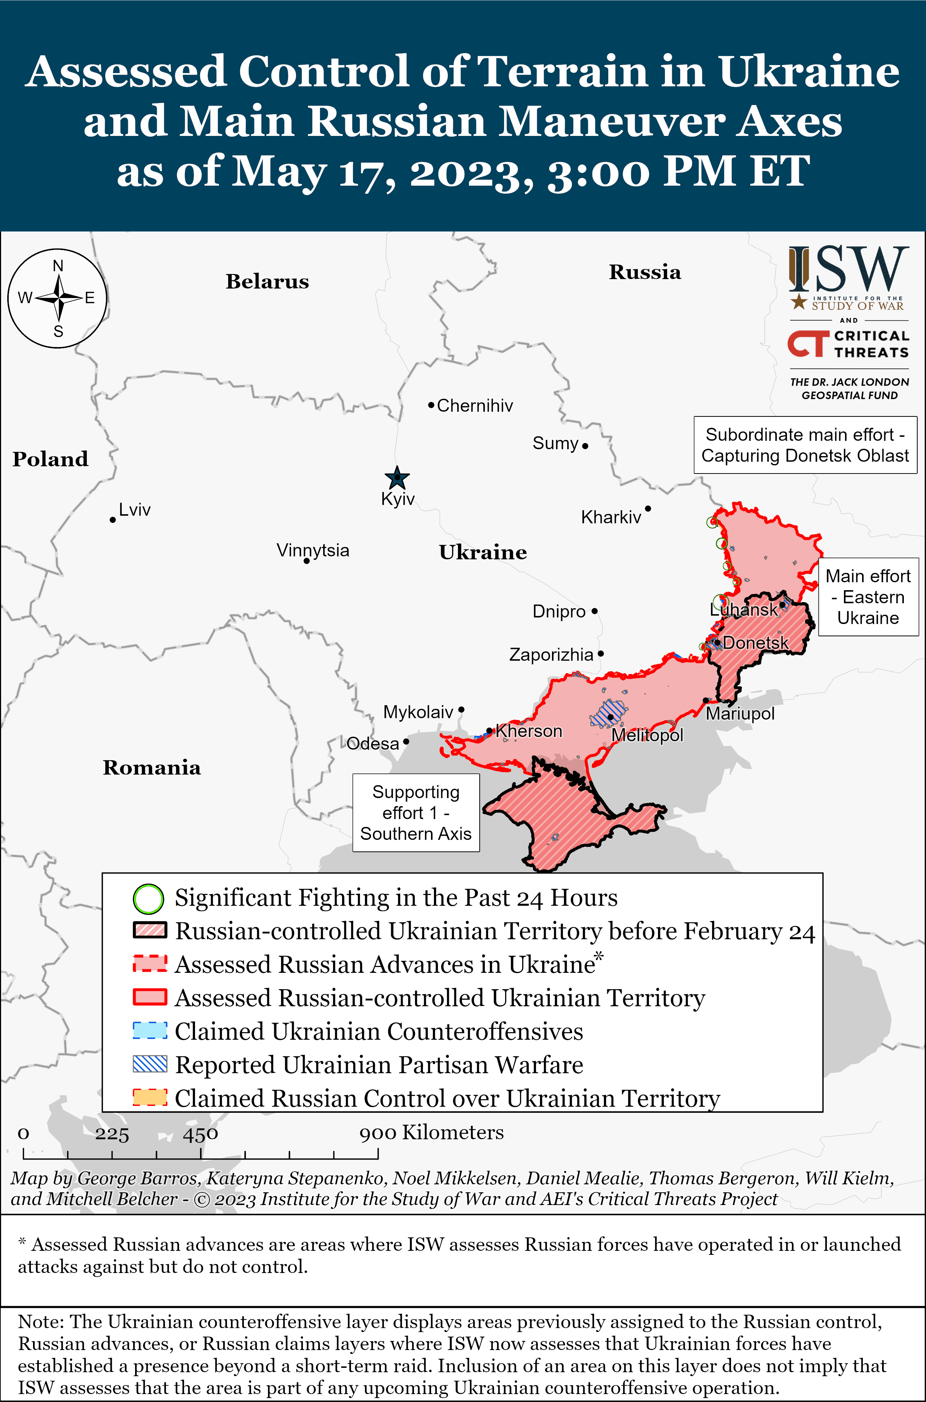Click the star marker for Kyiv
(x=397, y=477)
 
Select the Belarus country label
(x=267, y=281)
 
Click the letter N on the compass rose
(x=58, y=266)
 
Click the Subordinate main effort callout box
(x=805, y=445)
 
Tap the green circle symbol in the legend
(x=148, y=899)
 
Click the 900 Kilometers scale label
(x=431, y=1133)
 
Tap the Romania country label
(x=152, y=768)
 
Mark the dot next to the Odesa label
(x=406, y=741)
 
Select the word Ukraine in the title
(x=808, y=72)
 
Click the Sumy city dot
(x=585, y=446)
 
